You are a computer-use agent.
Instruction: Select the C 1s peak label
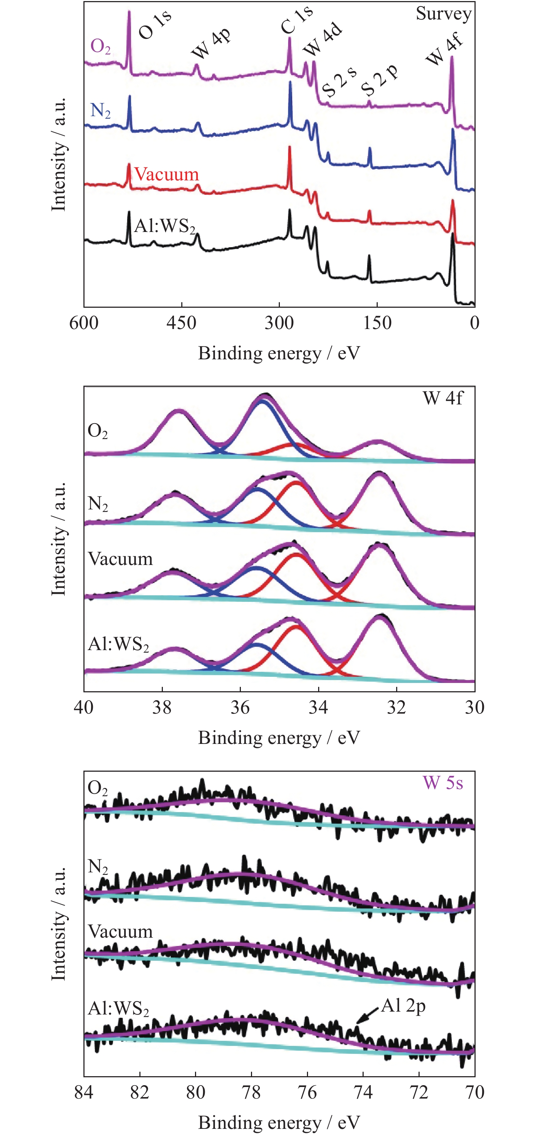pyautogui.click(x=297, y=20)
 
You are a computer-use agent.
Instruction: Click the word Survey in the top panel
pyautogui.click(x=443, y=13)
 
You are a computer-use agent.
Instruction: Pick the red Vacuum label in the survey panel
pyautogui.click(x=166, y=174)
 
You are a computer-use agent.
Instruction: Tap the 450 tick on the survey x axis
pyautogui.click(x=181, y=323)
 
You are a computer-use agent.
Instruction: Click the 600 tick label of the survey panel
pyautogui.click(x=84, y=323)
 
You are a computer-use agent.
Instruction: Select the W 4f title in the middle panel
pyautogui.click(x=443, y=398)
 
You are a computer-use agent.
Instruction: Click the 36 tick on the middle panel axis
pyautogui.click(x=240, y=707)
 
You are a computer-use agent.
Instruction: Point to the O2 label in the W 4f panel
pyautogui.click(x=97, y=431)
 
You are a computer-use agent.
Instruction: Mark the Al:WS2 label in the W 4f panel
pyautogui.click(x=118, y=644)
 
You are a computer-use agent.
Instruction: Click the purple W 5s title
pyautogui.click(x=443, y=783)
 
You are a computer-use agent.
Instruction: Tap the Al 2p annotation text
pyautogui.click(x=403, y=1006)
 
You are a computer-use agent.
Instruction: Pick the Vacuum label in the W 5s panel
pyautogui.click(x=120, y=932)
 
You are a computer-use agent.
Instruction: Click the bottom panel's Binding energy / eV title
pyautogui.click(x=279, y=1122)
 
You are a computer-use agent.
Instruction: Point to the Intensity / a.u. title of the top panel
pyautogui.click(x=58, y=154)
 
